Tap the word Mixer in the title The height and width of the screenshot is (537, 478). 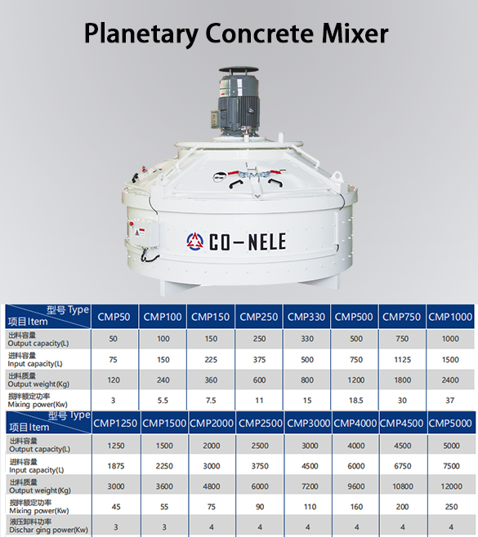352,33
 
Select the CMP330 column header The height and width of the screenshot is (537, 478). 307,317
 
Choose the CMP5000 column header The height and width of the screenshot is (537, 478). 450,423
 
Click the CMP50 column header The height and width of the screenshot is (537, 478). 114,317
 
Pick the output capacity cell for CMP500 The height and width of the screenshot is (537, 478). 355,338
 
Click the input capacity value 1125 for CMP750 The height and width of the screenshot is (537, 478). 402,358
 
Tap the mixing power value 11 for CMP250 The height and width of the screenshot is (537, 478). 259,400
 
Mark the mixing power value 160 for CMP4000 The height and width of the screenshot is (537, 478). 355,506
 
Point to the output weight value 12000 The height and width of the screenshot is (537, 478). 450,485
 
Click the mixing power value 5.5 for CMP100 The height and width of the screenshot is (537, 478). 163,400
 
